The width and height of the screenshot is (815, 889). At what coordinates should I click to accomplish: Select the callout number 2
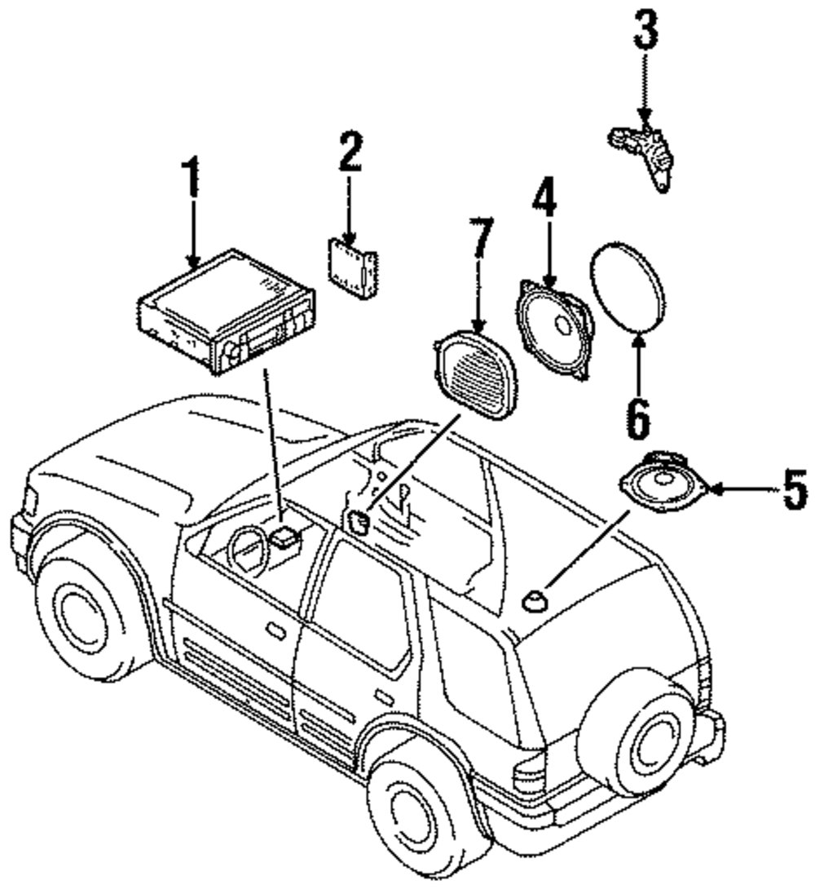[x=350, y=151]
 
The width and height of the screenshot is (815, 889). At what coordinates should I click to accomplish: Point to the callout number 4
[x=544, y=197]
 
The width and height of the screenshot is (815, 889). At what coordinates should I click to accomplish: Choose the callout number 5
[x=795, y=490]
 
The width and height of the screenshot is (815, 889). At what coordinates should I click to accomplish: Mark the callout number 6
[x=638, y=418]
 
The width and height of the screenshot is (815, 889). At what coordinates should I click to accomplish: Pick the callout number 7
[x=480, y=238]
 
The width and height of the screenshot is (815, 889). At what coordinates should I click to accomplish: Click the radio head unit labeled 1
[x=227, y=312]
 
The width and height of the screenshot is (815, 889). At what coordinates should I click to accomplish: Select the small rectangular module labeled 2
[x=352, y=268]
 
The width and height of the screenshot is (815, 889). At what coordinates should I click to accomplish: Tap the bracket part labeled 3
[x=642, y=156]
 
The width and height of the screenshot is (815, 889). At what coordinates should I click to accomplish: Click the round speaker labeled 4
[x=555, y=329]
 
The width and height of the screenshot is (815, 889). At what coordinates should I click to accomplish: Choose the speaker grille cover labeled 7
[x=475, y=376]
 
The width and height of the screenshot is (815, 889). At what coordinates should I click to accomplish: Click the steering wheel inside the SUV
[x=248, y=551]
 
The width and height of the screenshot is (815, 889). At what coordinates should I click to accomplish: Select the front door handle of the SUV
[x=275, y=631]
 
